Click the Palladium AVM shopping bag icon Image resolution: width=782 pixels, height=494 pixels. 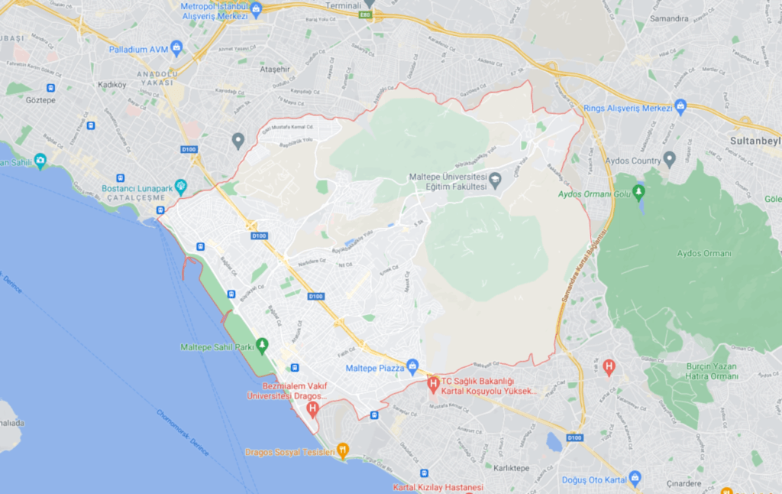pyautogui.click(x=177, y=47)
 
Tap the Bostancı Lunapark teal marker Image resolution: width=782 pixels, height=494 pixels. pyautogui.click(x=180, y=186)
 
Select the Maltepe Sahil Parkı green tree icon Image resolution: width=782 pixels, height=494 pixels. pyautogui.click(x=263, y=346)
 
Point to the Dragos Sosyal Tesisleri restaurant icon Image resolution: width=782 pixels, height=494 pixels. pyautogui.click(x=343, y=450)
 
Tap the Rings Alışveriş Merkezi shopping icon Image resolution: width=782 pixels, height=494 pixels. pyautogui.click(x=680, y=107)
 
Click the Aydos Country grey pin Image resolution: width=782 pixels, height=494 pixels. pyautogui.click(x=670, y=159)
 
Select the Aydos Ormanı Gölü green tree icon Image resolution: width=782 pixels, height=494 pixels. pyautogui.click(x=638, y=191)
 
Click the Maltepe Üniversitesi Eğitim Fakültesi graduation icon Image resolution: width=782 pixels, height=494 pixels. pyautogui.click(x=495, y=180)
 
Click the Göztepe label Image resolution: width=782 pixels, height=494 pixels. pyautogui.click(x=40, y=100)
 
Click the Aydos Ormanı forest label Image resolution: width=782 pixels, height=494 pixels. pyautogui.click(x=704, y=253)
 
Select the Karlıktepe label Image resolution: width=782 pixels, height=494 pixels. pyautogui.click(x=512, y=467)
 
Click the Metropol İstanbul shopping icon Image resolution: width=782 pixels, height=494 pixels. pyautogui.click(x=256, y=10)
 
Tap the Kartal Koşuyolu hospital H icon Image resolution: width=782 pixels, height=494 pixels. pyautogui.click(x=433, y=384)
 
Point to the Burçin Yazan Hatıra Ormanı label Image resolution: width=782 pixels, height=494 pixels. pyautogui.click(x=713, y=371)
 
